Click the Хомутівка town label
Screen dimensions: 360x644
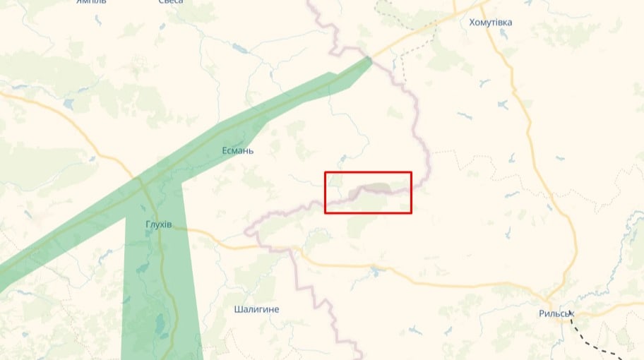click(491, 23)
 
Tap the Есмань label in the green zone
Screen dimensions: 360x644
click(237, 151)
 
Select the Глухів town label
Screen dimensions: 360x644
click(158, 224)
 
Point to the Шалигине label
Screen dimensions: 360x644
click(256, 309)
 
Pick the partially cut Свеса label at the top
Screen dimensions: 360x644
click(171, 2)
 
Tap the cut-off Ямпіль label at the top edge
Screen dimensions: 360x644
click(92, 2)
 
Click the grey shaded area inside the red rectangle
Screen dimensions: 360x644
click(376, 189)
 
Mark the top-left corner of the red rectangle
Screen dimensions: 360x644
click(325, 172)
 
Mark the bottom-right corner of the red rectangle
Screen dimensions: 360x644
click(411, 212)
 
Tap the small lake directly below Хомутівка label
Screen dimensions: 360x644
click(503, 104)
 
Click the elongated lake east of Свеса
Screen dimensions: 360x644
click(239, 49)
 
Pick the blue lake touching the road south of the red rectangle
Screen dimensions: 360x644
click(375, 271)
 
